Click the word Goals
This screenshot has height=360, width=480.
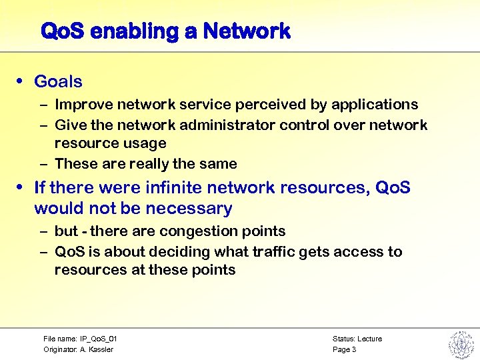click(58, 82)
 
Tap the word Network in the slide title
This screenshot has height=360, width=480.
click(247, 31)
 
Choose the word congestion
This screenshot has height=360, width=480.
click(187, 231)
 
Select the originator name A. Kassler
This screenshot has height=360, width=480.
click(96, 349)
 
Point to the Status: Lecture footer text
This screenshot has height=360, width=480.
click(357, 339)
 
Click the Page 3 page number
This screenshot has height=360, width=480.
click(344, 349)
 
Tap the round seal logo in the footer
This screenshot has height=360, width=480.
click(460, 343)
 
